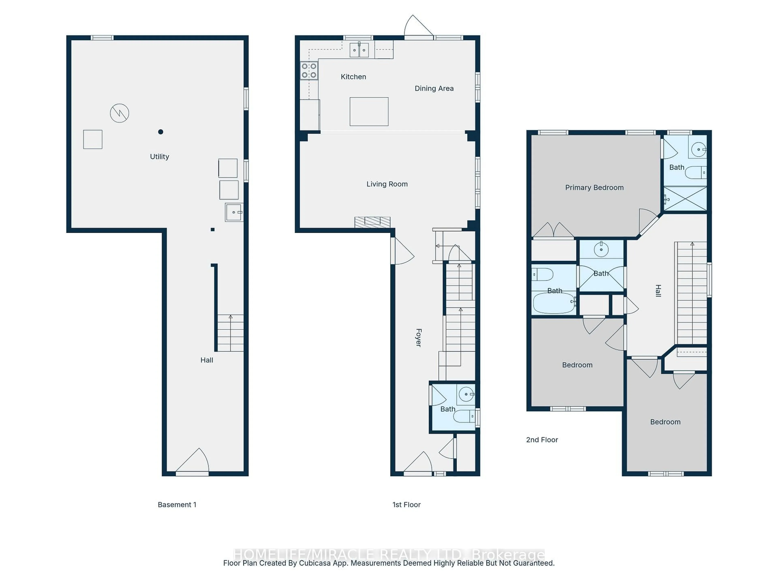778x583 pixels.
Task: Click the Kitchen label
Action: (353, 77)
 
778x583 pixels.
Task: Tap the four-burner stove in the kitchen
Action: (309, 71)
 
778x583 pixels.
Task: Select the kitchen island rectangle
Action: (369, 111)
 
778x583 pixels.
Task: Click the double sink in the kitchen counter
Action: (359, 50)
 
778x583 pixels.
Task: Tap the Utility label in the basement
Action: (159, 157)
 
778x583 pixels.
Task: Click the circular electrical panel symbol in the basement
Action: (120, 113)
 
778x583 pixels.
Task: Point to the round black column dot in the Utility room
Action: (161, 132)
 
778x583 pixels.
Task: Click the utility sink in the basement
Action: (234, 212)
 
